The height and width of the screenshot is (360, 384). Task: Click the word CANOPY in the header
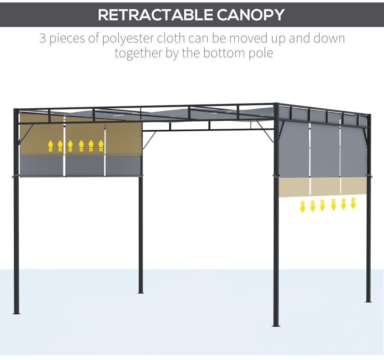pyautogui.click(x=250, y=15)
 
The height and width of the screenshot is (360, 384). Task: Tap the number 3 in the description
pyautogui.click(x=43, y=38)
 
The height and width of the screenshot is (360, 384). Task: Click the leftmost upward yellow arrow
pyautogui.click(x=51, y=145)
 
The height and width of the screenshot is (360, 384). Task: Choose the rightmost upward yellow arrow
pyautogui.click(x=101, y=145)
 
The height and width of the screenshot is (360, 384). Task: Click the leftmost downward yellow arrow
pyautogui.click(x=302, y=206)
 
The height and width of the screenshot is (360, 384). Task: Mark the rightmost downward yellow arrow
pyautogui.click(x=353, y=203)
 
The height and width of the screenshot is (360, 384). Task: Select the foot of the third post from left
pyautogui.click(x=276, y=325)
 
